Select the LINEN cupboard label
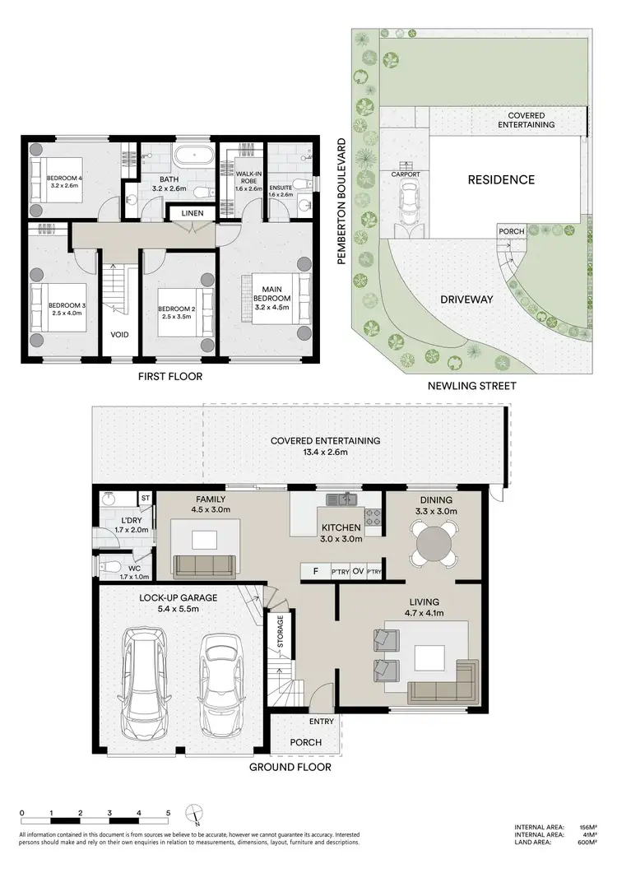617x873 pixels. coord(193,214)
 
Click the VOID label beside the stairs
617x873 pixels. coord(120,336)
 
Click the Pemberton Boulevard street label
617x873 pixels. coord(339,201)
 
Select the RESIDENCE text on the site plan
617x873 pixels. coord(501,179)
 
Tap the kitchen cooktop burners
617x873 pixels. coord(373,518)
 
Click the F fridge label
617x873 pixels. coord(313,572)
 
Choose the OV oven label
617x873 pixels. coord(357,572)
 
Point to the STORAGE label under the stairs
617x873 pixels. coord(281,632)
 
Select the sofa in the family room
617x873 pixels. coord(204,564)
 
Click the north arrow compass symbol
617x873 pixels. coord(193,814)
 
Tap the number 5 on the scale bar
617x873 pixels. coord(169,812)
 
